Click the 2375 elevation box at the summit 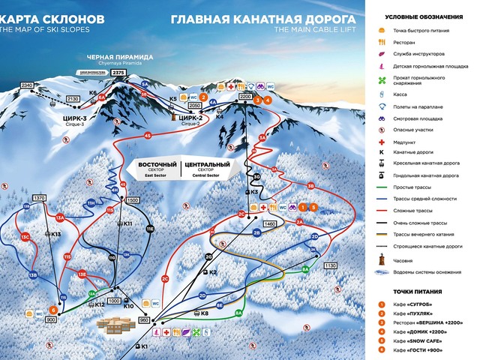click(x=128, y=73)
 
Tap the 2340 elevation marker click(x=28, y=85)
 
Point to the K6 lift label click(x=93, y=93)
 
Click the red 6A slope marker click(x=101, y=97)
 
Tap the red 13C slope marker click(x=25, y=237)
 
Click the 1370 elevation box click(x=40, y=198)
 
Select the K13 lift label click(x=55, y=234)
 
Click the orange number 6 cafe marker click(x=53, y=310)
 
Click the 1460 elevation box click(x=271, y=223)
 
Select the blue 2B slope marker click(x=256, y=233)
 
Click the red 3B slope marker click(x=310, y=186)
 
